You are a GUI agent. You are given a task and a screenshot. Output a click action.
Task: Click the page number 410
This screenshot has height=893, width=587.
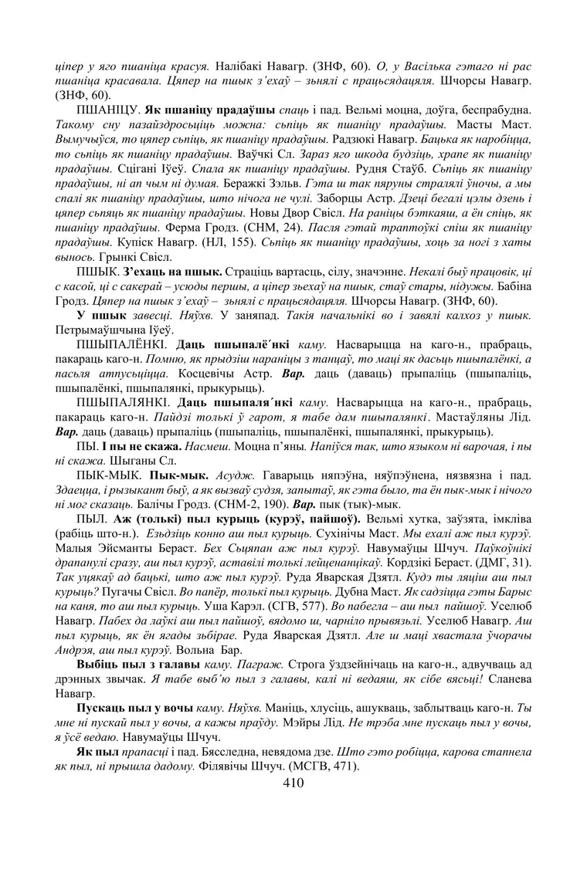pyautogui.click(x=293, y=783)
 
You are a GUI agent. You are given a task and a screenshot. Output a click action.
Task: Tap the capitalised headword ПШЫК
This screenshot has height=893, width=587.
pyautogui.click(x=95, y=272)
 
